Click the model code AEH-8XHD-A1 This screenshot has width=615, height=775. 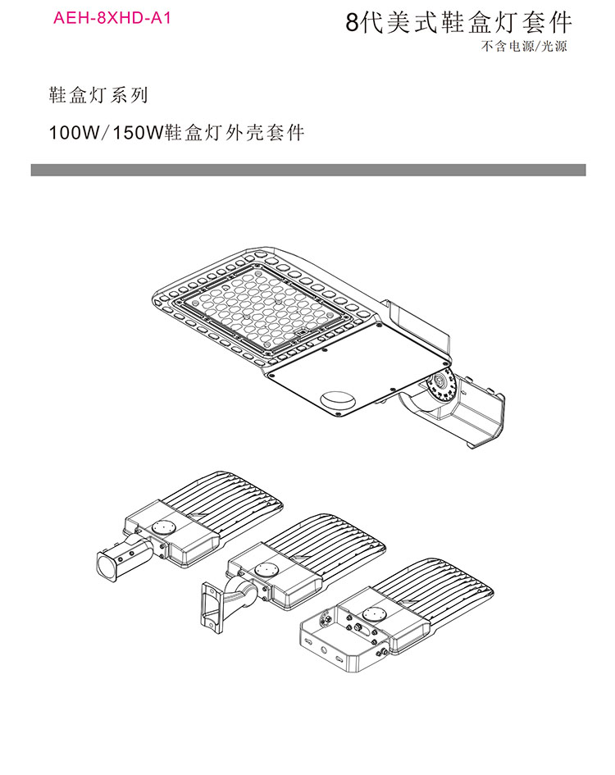click(x=112, y=16)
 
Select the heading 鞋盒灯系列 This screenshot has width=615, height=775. click(x=98, y=95)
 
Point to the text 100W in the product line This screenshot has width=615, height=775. click(x=72, y=132)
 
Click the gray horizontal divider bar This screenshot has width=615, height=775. click(x=307, y=170)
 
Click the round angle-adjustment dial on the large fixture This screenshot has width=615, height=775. click(x=442, y=383)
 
